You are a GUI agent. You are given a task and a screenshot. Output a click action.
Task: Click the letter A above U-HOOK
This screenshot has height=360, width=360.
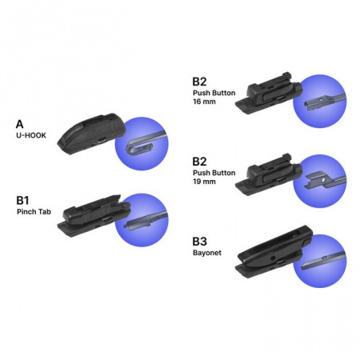pyautogui.click(x=20, y=124)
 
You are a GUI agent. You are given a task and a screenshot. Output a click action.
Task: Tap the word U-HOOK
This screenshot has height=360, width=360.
pyautogui.click(x=31, y=135)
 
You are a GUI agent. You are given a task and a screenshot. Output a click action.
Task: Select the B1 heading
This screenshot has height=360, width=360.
pyautogui.click(x=22, y=200)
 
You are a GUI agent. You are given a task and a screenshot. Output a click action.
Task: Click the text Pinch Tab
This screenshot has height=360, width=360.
pyautogui.click(x=34, y=212)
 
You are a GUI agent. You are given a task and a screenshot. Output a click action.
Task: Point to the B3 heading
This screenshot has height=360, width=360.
pyautogui.click(x=200, y=242)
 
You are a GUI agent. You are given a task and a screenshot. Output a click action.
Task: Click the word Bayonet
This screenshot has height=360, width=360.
pyautogui.click(x=207, y=253)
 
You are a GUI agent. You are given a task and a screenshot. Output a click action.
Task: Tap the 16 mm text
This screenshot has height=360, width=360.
pyautogui.click(x=204, y=102)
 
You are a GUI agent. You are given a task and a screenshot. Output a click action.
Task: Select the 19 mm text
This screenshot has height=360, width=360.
pyautogui.click(x=204, y=182)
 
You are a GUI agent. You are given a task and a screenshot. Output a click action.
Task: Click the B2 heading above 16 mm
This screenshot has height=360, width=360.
pyautogui.click(x=199, y=82)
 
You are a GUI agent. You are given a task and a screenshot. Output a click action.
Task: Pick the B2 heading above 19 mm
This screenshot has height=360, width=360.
pyautogui.click(x=199, y=162)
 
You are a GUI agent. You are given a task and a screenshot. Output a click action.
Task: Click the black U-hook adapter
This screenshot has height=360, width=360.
pyautogui.click(x=91, y=134)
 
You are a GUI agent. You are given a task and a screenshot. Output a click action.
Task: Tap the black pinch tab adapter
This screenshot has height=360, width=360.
pyautogui.click(x=94, y=216)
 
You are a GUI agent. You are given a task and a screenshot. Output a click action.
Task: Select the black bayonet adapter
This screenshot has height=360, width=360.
pyautogui.click(x=274, y=252)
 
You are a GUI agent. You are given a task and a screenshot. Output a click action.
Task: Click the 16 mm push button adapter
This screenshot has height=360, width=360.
pyautogui.click(x=269, y=94)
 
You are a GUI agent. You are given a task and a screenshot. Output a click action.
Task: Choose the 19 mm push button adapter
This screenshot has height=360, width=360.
pyautogui.click(x=269, y=174)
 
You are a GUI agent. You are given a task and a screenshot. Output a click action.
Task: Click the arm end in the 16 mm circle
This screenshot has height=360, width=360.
pyautogui.click(x=314, y=103)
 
